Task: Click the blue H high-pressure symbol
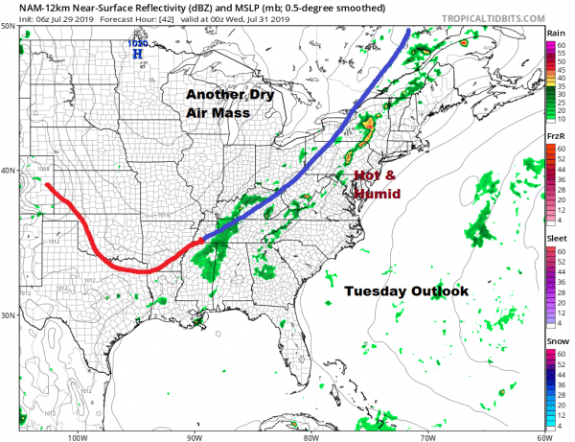point(137,55)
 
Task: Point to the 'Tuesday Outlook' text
point(405,291)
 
